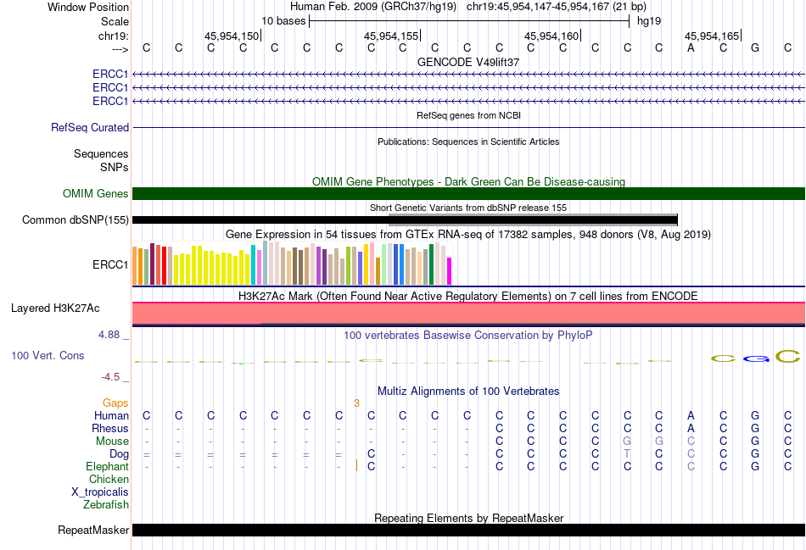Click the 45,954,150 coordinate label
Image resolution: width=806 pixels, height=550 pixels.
coord(232,36)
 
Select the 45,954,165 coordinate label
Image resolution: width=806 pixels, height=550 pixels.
coord(712,36)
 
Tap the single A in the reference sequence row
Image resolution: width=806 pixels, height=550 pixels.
coord(691,48)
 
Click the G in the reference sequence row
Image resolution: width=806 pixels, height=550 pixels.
coord(755,48)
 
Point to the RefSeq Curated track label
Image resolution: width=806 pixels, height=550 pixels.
coord(90,127)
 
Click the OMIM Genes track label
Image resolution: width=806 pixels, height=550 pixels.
coord(96,193)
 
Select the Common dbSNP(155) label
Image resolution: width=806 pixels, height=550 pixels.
coord(76,219)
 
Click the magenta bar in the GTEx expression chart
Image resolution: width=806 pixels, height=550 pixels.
coord(450,271)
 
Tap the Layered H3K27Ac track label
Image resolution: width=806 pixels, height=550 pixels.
coord(55,308)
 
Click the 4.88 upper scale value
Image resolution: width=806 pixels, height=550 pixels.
coord(109,335)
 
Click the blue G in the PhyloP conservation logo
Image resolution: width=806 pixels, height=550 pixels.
coord(756,358)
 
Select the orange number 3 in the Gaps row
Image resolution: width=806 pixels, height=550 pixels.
coord(356,403)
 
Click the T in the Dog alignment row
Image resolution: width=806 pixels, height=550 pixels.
coord(627,454)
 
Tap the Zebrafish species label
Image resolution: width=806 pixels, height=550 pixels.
coord(106,505)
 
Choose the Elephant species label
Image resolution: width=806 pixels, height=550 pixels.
coord(108,467)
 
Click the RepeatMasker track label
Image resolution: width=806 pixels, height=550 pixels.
coord(93,530)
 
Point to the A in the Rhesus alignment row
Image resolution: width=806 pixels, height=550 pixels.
coord(691,428)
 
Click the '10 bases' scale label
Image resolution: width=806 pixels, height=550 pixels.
coord(283,21)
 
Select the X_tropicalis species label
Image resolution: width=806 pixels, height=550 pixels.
coord(100,492)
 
